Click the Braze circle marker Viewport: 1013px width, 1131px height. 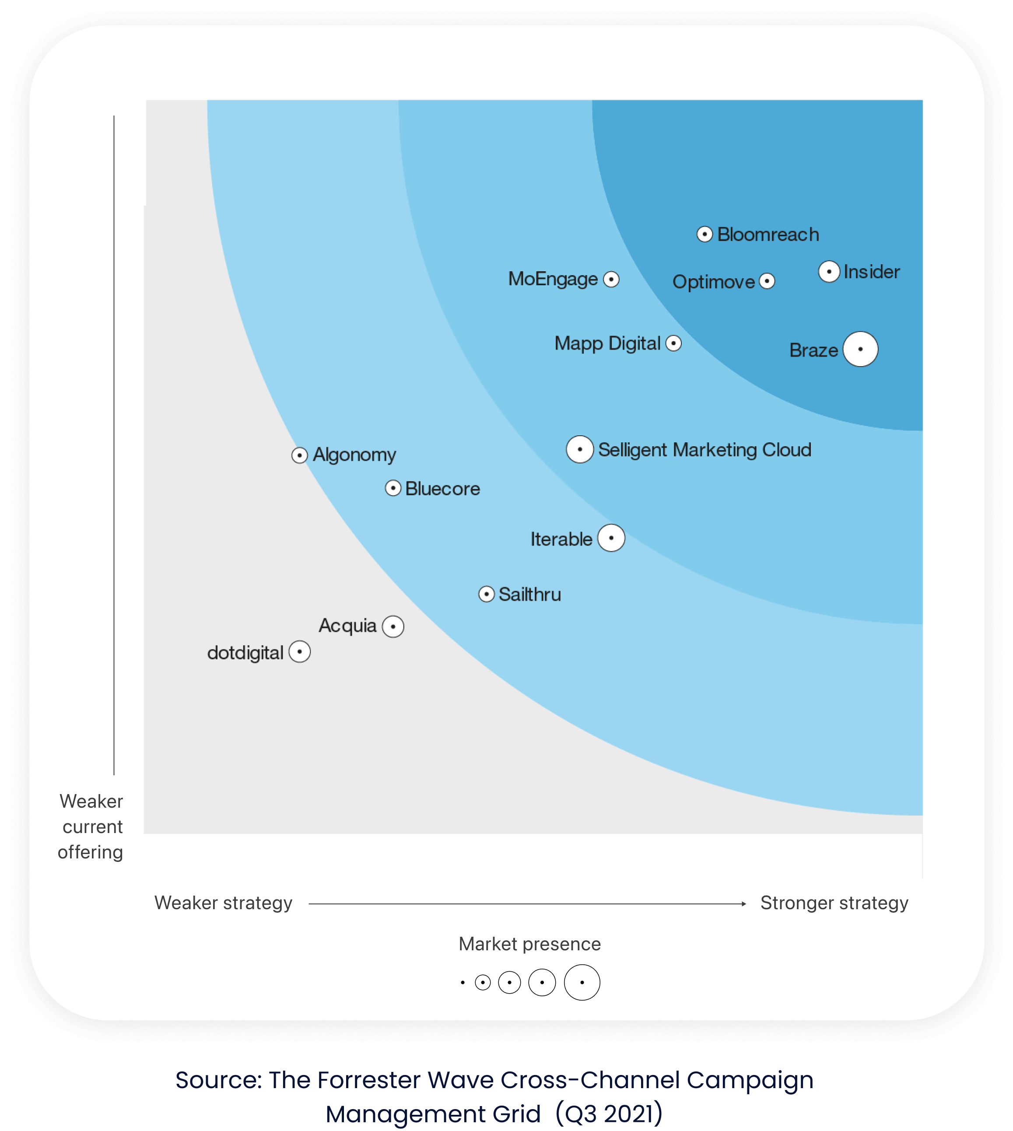(860, 349)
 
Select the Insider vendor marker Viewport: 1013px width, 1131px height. (829, 272)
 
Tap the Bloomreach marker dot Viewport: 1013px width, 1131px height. (705, 235)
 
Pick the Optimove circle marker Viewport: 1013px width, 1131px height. (767, 281)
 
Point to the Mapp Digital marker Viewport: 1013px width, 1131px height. (673, 343)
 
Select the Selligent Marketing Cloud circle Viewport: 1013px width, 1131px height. (579, 449)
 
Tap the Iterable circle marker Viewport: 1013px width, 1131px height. (611, 538)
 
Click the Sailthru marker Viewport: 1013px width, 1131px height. (487, 595)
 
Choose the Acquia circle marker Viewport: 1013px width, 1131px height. (393, 627)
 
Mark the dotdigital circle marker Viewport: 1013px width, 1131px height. (299, 652)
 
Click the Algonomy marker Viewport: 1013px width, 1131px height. (299, 455)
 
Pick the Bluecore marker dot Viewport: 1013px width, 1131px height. (393, 488)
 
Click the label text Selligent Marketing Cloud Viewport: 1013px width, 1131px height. (705, 450)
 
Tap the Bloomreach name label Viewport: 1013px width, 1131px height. (768, 235)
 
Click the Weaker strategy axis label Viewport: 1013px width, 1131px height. (223, 903)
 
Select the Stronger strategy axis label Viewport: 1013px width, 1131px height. (834, 903)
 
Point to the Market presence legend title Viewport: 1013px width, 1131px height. (529, 944)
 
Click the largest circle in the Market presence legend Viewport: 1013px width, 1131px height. (582, 982)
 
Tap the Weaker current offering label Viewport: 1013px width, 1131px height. (91, 826)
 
